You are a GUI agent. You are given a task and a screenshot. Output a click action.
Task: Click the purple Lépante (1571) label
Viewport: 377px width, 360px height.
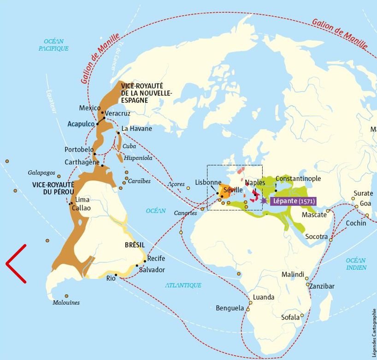pyautogui.click(x=293, y=201)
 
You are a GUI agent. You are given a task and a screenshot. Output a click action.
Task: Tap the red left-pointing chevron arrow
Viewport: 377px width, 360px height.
pyautogui.click(x=16, y=263)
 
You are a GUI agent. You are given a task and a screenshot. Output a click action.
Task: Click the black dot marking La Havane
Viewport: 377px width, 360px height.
pyautogui.click(x=118, y=133)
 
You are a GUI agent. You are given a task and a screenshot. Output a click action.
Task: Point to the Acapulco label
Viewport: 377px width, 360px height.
pyautogui.click(x=81, y=124)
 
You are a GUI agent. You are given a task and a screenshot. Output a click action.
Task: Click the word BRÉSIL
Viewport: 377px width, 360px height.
pyautogui.click(x=135, y=245)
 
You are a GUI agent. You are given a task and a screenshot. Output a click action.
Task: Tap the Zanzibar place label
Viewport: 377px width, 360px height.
pyautogui.click(x=322, y=286)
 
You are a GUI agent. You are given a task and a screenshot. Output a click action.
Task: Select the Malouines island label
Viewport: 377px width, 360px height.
pyautogui.click(x=66, y=302)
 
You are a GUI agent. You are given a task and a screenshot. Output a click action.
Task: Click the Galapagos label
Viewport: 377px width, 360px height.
pyautogui.click(x=41, y=173)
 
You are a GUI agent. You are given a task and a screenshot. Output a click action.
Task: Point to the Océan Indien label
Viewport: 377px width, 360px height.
pyautogui.click(x=356, y=264)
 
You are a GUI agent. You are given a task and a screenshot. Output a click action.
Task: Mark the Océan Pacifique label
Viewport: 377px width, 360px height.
pyautogui.click(x=53, y=45)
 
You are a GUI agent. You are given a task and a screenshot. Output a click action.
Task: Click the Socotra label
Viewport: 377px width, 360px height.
pyautogui.click(x=315, y=237)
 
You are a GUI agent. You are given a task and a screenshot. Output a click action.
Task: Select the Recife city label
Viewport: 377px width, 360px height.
pyautogui.click(x=156, y=259)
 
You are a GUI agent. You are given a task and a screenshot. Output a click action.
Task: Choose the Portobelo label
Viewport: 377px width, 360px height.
pyautogui.click(x=79, y=150)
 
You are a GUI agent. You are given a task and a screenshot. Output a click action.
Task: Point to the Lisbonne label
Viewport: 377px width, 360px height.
pyautogui.click(x=208, y=182)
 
